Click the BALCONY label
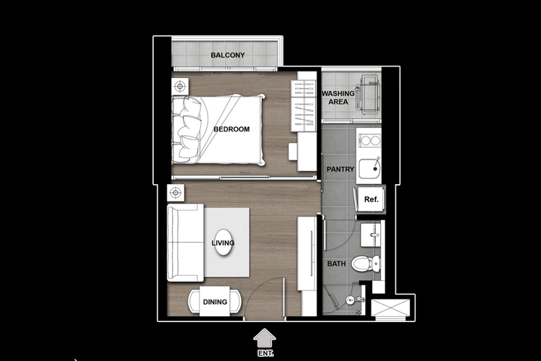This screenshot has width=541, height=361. pos(228,55)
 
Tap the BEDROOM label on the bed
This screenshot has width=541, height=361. pos(232,129)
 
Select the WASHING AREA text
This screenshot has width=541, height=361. pos(338,97)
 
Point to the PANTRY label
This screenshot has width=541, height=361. pos(340,169)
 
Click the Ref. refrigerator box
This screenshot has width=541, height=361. pos(371,199)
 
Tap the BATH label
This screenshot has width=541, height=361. pos(336,264)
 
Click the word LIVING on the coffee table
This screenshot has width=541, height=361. pos(223,243)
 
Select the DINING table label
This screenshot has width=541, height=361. pos(215,302)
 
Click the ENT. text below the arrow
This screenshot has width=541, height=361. pos(265,354)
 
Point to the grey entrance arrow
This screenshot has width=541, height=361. pos(265,338)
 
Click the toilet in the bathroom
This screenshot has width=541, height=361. pos(366,264)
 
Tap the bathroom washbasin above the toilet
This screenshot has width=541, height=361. pos(371,235)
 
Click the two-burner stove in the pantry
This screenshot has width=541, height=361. pos(369,141)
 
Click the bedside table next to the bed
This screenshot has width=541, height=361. pos(180,87)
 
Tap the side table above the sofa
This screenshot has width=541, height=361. pos(175,193)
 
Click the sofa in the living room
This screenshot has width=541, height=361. pos(185,243)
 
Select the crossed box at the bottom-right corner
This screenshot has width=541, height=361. pos(390,308)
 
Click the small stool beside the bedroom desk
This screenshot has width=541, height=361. pos(293,152)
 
